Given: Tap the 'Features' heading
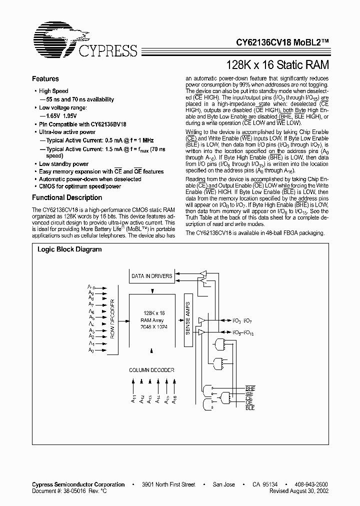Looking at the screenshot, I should point(45,79).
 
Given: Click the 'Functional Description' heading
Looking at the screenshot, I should point(67,197).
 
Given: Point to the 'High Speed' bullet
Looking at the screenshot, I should point(53,91).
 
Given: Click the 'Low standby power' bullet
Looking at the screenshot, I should point(63,164).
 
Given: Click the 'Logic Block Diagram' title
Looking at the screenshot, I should point(69,249).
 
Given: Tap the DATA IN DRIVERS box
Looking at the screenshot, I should point(151,276).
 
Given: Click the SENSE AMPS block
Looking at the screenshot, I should point(188,319).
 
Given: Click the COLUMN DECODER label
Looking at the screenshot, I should point(151,370).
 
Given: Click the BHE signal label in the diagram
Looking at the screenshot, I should point(249,388).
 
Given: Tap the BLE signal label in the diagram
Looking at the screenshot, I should point(249,408).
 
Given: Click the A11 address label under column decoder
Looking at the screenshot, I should point(133,398).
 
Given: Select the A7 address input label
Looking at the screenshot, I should point(91,304).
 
